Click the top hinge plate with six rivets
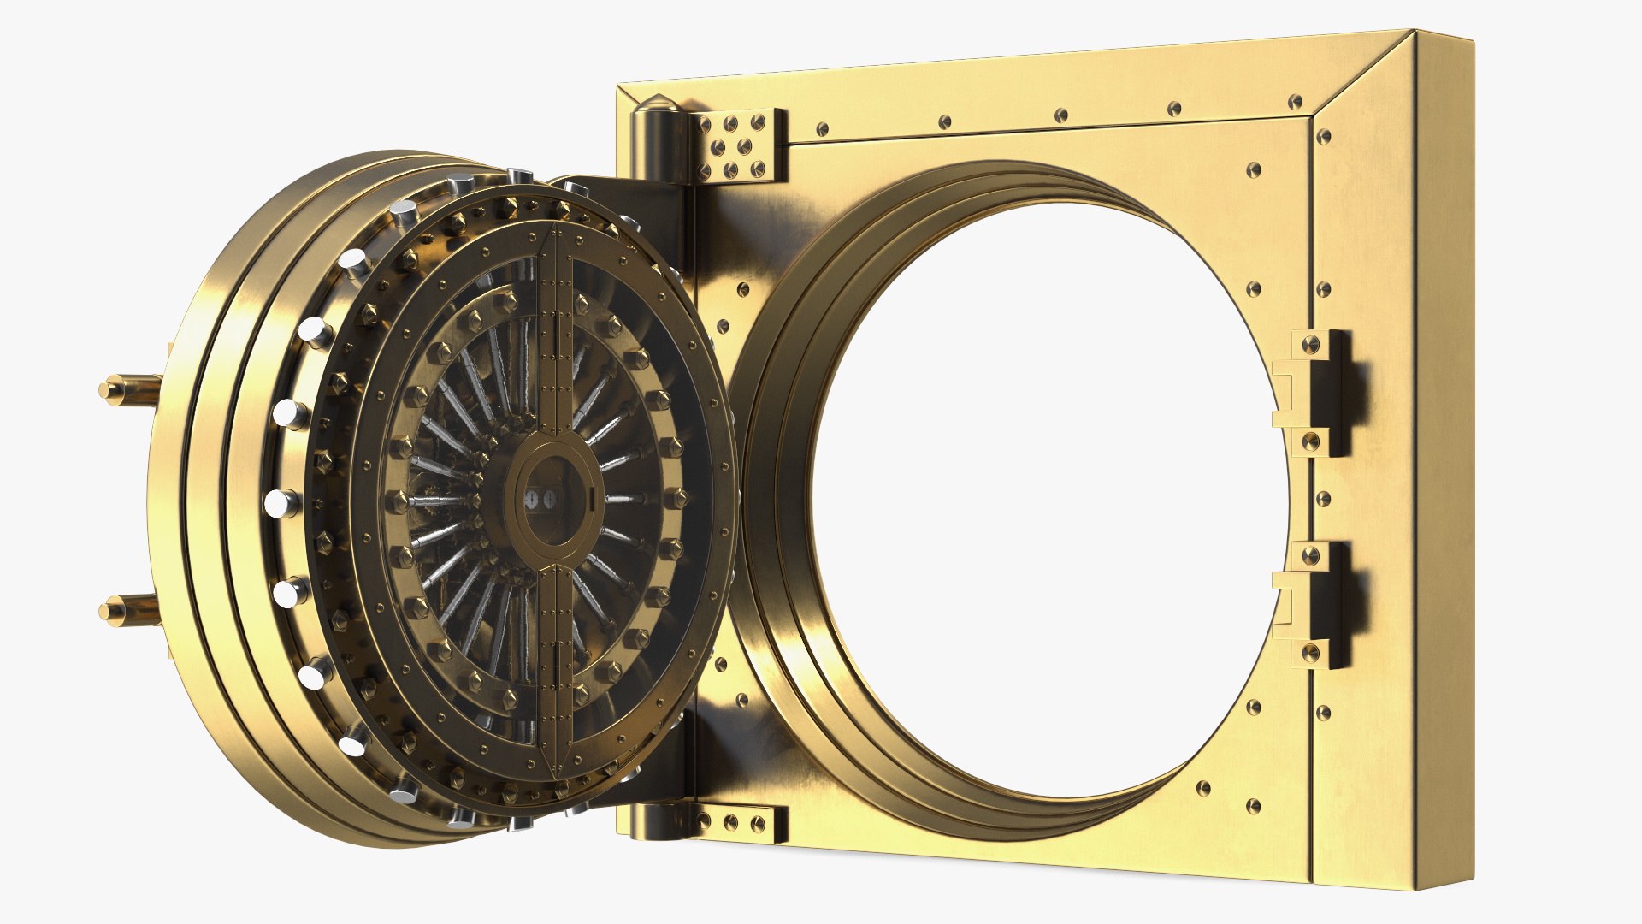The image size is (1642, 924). click(739, 145)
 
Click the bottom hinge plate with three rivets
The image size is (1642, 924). click(739, 822)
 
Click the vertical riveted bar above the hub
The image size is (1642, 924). click(556, 342)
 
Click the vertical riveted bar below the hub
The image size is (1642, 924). click(556, 667)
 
